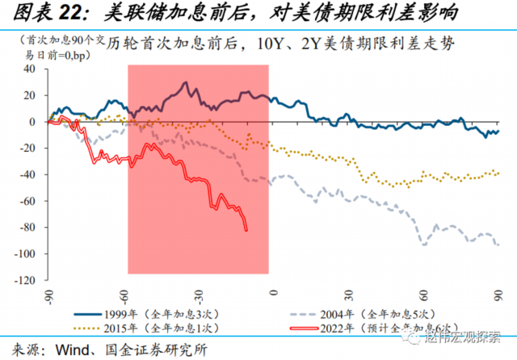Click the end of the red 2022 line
246,229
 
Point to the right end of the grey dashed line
498,245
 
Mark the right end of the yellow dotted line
498,173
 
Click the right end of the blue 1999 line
498,131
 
